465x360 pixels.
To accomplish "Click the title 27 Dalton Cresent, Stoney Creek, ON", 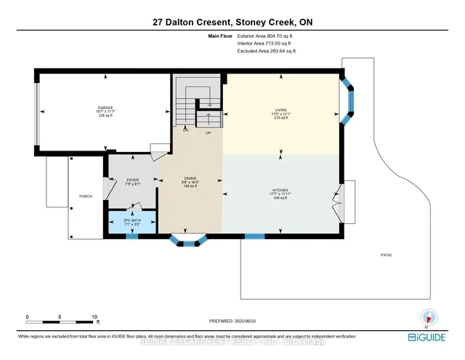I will point(232,21).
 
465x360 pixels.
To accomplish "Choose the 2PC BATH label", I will point(132,221).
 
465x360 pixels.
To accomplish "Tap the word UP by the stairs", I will point(209,133).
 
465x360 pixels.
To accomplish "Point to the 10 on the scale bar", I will point(94,316).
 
